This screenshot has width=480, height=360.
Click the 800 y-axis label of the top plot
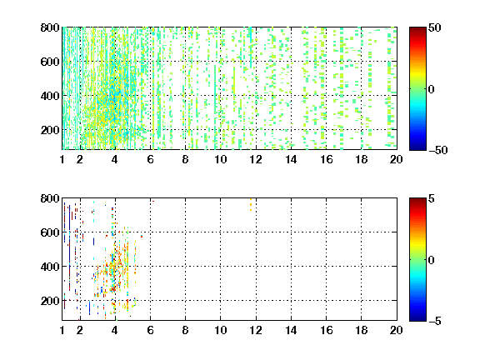pos(50,27)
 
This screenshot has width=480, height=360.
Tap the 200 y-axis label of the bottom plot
pos(50,301)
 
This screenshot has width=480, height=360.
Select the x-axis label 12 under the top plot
pos(256,159)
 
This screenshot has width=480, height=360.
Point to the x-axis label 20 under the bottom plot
pos(396,330)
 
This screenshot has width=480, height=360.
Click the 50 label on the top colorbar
pos(434,27)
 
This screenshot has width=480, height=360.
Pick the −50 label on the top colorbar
pos(438,150)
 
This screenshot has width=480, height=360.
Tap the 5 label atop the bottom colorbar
pos(432,198)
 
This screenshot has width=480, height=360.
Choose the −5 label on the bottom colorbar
pos(435,321)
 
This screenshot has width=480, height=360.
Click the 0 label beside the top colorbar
pos(432,89)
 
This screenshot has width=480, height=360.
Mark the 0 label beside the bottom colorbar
pos(432,260)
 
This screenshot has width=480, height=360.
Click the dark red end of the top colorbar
pos(417,30)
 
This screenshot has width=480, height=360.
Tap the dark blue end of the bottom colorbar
pos(417,318)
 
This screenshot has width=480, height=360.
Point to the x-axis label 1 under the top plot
pos(62,159)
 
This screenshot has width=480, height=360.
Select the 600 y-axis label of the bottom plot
pos(50,232)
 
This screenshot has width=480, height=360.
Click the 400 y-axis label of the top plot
pos(50,96)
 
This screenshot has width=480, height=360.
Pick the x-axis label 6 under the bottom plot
pos(150,330)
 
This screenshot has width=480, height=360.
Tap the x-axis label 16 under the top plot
pos(326,159)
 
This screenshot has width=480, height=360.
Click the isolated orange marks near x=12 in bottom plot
pos(251,204)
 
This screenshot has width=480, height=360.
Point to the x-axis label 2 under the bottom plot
pos(80,330)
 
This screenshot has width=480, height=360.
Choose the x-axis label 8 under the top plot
pos(185,159)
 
